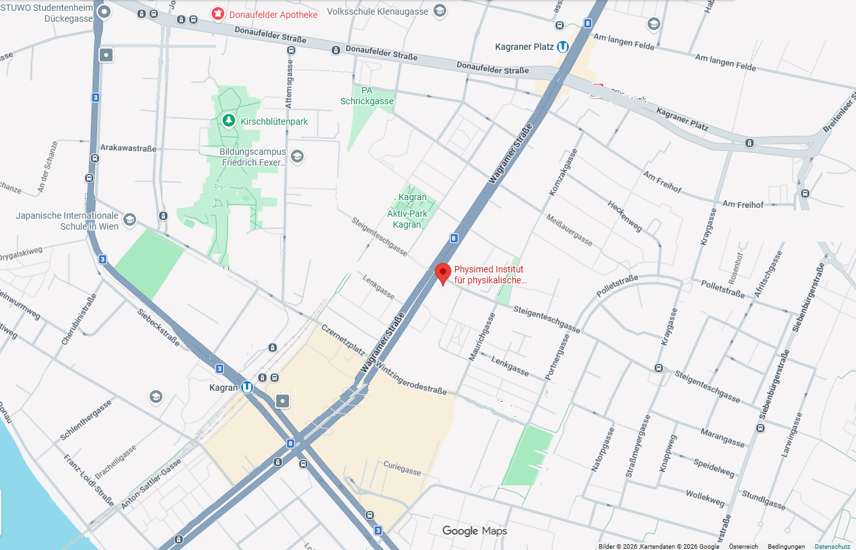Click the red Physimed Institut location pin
tap(442, 273)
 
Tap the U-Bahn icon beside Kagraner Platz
tap(563, 47)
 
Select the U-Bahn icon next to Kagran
tap(247, 387)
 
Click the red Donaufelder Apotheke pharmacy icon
tap(218, 13)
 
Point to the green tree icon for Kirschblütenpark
tap(229, 120)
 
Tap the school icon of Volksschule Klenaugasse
tap(439, 11)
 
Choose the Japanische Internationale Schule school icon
tap(130, 220)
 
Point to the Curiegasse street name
tap(402, 468)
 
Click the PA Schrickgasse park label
tap(366, 96)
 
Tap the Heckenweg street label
tap(625, 216)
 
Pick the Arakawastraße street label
tap(128, 148)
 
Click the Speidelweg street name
tap(714, 467)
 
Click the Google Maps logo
tap(474, 531)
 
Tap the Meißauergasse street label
tap(570, 230)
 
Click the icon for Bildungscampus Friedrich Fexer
tap(297, 156)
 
